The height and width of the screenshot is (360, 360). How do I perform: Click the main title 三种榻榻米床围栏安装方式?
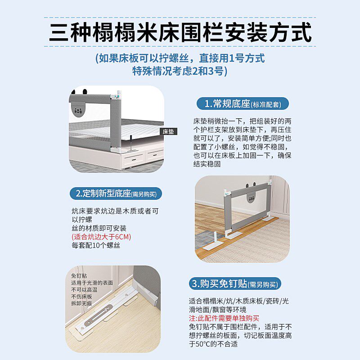(180, 32)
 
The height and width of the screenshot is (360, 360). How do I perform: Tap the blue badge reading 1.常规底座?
(243, 104)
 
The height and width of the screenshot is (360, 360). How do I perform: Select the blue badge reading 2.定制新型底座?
(116, 193)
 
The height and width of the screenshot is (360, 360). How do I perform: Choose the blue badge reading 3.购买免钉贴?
(235, 284)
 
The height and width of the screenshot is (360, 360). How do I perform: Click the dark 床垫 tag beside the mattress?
(168, 131)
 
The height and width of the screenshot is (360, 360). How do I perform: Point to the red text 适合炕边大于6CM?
(101, 237)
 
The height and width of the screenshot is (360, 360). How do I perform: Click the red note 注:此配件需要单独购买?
(224, 318)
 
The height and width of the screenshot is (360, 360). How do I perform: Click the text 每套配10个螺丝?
(96, 245)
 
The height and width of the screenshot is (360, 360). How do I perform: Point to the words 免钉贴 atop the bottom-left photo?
(79, 276)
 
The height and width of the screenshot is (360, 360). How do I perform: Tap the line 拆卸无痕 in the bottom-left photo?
(81, 303)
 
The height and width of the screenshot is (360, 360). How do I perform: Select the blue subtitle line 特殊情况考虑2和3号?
(180, 71)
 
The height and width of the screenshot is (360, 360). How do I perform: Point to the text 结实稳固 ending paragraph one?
(207, 164)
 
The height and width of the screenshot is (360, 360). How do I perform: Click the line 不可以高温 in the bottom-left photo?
(84, 289)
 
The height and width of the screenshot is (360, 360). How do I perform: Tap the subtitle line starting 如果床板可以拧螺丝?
(180, 58)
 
